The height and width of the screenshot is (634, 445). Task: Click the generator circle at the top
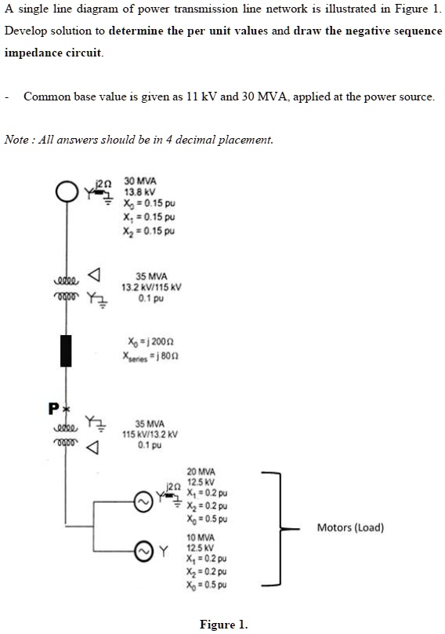(66, 191)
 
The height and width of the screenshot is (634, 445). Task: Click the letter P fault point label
(52, 408)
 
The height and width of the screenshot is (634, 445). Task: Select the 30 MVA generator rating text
(140, 180)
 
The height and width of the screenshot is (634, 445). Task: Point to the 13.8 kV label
(139, 191)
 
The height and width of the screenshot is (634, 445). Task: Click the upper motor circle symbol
(143, 501)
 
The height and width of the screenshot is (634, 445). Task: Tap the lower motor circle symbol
(143, 549)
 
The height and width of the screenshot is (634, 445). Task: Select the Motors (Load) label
(350, 527)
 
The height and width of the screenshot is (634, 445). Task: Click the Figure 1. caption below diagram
(223, 625)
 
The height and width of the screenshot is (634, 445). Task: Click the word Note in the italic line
(16, 140)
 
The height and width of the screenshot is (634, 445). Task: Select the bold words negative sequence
(387, 31)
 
